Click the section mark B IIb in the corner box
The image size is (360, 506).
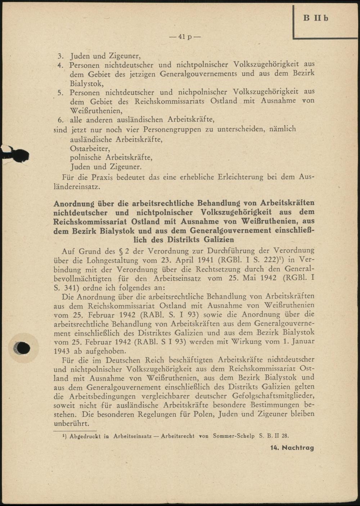point(316,18)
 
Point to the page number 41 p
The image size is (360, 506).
point(186,37)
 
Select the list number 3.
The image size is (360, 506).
point(60,56)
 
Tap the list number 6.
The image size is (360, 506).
point(60,120)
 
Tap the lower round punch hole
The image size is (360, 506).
point(22,348)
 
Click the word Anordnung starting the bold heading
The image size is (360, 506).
point(74,203)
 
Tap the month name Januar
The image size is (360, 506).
point(303,341)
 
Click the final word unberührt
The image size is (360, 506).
point(71,423)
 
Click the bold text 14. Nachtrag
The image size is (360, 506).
point(292,448)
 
